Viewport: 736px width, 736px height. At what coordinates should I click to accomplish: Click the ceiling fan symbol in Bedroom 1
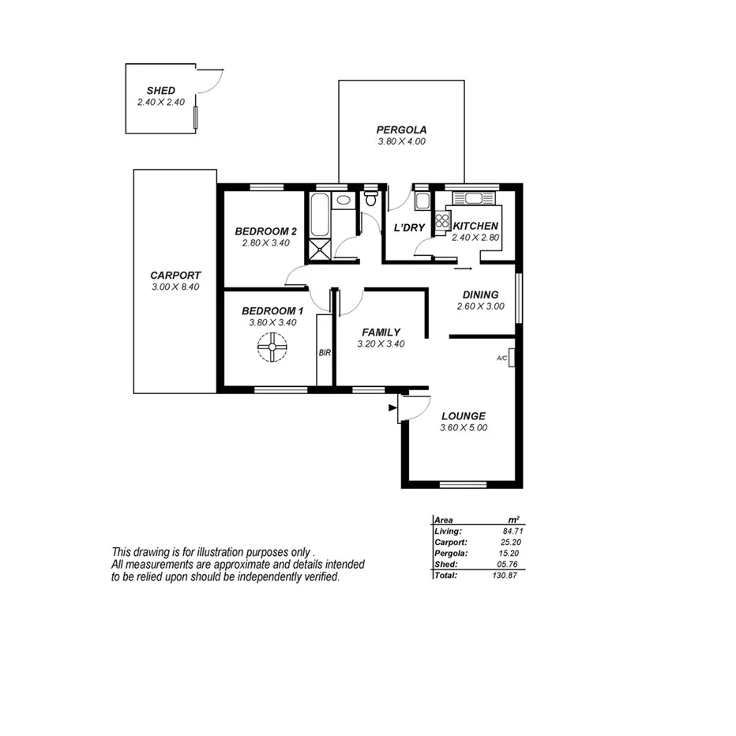[x=272, y=347]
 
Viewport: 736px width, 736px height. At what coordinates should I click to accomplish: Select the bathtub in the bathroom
[x=321, y=214]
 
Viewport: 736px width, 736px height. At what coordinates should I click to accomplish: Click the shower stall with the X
[x=321, y=248]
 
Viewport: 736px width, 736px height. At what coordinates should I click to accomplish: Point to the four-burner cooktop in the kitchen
[x=441, y=220]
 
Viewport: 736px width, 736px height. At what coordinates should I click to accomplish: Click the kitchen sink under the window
[x=472, y=197]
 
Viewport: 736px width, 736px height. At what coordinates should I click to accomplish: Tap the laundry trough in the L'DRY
[x=422, y=200]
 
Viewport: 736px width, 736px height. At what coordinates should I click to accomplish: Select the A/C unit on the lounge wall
[x=512, y=358]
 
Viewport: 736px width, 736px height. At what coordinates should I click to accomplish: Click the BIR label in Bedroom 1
[x=324, y=353]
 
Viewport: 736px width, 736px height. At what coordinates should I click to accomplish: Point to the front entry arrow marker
[x=392, y=407]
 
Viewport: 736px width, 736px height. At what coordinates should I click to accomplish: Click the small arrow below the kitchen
[x=462, y=268]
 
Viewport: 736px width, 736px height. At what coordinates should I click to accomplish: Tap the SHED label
[x=161, y=91]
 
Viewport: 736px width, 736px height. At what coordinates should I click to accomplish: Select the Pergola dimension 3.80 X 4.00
[x=401, y=141]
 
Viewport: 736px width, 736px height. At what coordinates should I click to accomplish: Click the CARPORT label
[x=175, y=275]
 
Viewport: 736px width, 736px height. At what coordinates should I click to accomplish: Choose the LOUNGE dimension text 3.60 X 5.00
[x=463, y=428]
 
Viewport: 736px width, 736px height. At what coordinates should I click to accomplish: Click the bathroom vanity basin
[x=344, y=201]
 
